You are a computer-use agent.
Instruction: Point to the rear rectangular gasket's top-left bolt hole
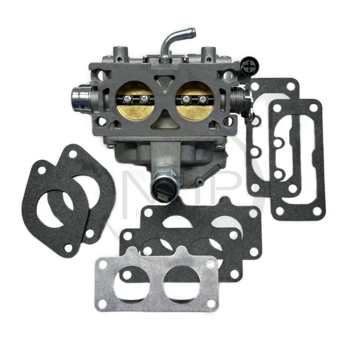255,86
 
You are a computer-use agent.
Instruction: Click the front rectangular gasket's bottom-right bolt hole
317,211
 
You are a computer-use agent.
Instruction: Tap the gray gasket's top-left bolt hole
104,264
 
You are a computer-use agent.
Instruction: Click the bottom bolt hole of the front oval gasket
69,248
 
